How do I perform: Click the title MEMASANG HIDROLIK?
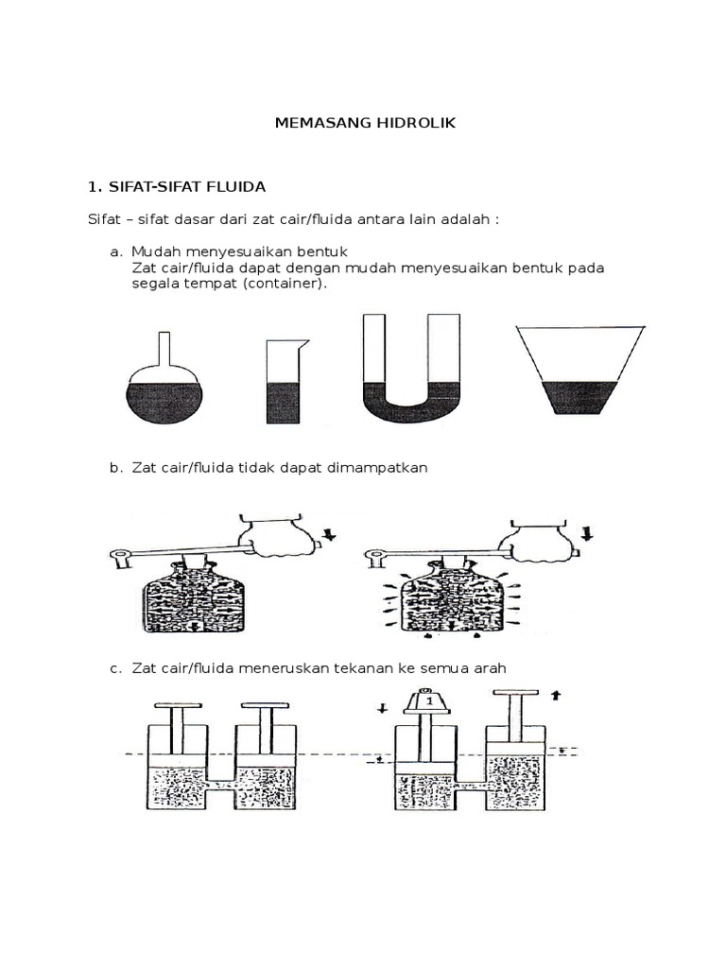(364, 124)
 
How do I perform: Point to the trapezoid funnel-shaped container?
(579, 369)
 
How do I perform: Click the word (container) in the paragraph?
(284, 283)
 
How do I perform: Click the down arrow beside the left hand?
(329, 537)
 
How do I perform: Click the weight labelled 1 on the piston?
(429, 702)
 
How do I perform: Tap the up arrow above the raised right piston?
(556, 694)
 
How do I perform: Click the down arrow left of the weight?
(382, 708)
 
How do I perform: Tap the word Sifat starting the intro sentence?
(104, 219)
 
